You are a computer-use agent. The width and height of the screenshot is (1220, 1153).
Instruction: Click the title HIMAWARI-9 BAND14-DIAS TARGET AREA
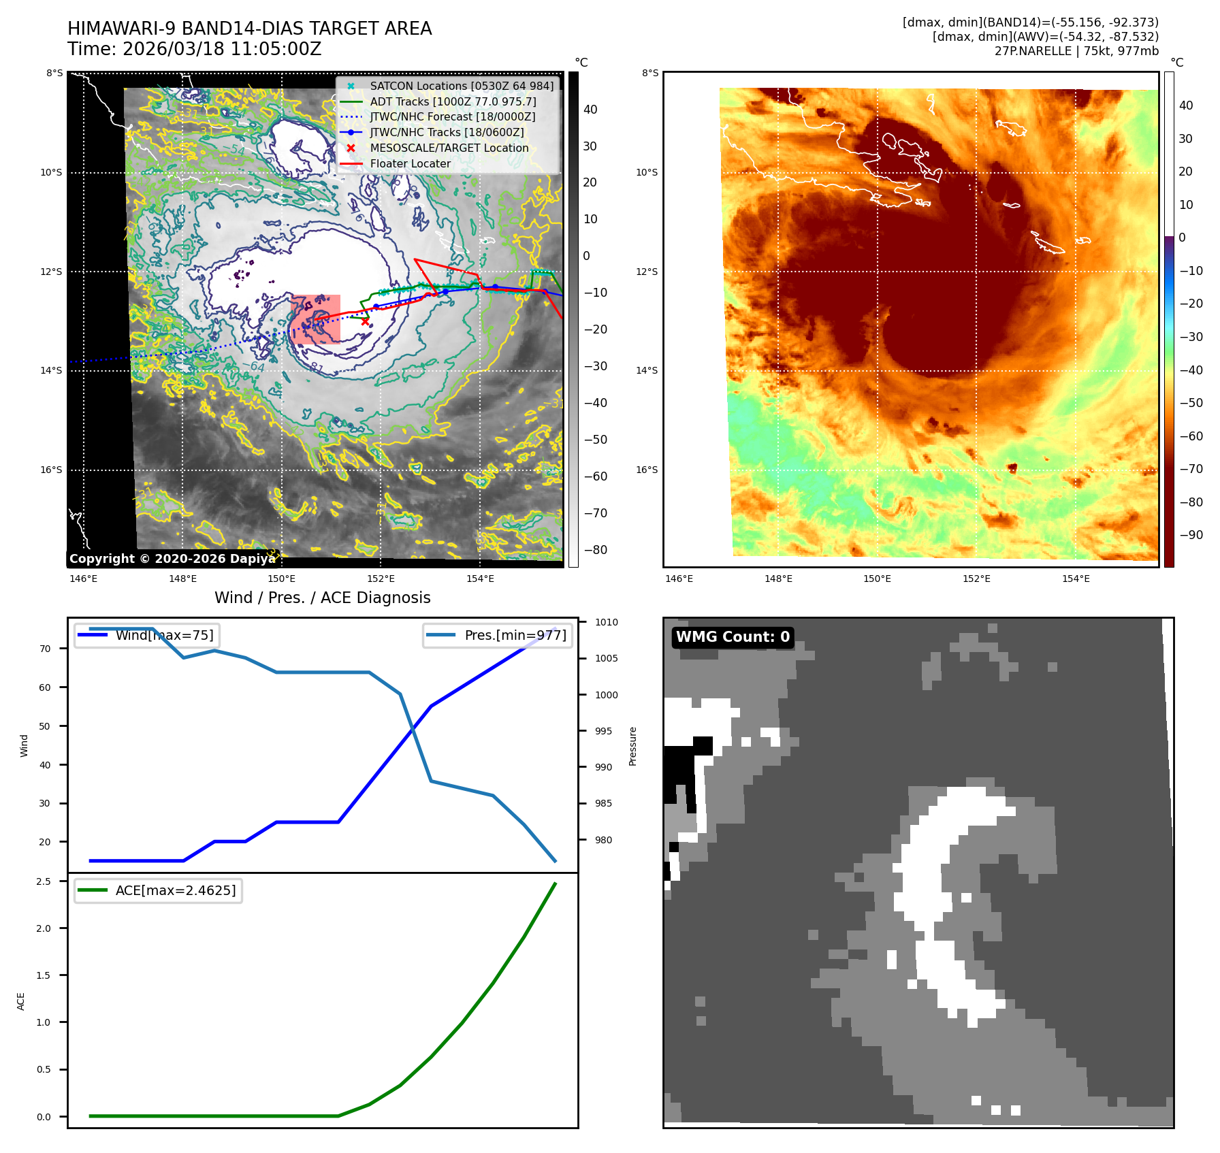coord(249,29)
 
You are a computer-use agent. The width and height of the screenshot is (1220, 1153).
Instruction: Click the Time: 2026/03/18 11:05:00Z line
coord(194,49)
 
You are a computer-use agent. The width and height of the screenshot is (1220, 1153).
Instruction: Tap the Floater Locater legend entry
coord(410,163)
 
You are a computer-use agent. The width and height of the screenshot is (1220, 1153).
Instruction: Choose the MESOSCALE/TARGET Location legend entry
coord(449,148)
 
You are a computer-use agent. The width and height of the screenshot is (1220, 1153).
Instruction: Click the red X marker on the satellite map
coord(366,321)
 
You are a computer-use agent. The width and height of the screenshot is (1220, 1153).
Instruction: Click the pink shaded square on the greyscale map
coord(316,319)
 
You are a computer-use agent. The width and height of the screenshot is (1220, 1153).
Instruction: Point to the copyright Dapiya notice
coord(172,559)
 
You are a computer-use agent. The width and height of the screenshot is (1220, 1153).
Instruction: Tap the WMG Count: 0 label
coord(733,637)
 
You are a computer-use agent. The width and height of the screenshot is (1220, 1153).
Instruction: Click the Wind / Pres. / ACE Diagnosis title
coord(323,598)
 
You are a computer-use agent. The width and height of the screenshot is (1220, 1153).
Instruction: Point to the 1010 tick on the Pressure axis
coord(606,622)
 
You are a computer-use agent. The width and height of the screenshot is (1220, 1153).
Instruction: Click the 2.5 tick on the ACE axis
coord(44,881)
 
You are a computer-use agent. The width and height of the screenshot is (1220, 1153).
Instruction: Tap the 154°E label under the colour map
coord(1076,579)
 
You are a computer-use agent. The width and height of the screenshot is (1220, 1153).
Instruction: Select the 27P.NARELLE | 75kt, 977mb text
coord(1076,51)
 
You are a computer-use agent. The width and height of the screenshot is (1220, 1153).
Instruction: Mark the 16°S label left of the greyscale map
coord(51,470)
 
